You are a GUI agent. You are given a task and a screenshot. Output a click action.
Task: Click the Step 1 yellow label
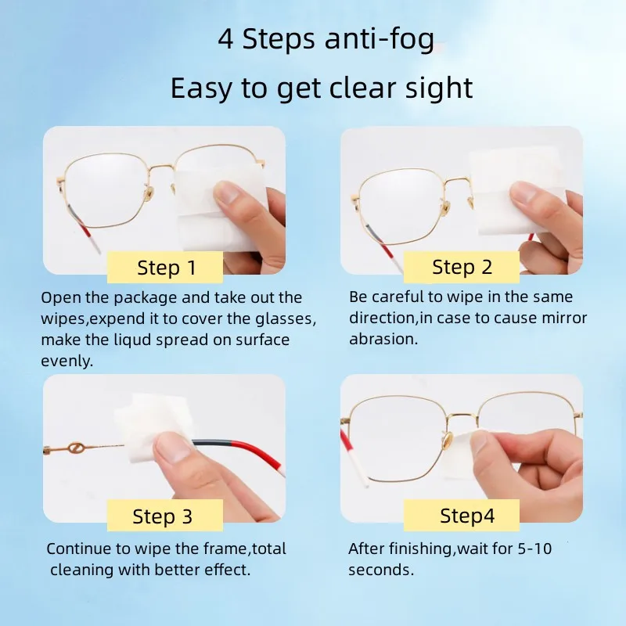click(x=165, y=268)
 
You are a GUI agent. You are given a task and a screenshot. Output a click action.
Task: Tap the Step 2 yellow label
click(x=462, y=267)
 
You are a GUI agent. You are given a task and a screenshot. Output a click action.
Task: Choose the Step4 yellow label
click(x=467, y=516)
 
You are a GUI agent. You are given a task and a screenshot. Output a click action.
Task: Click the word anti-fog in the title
click(x=383, y=40)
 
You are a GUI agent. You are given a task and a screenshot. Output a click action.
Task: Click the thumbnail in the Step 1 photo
click(x=229, y=192)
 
